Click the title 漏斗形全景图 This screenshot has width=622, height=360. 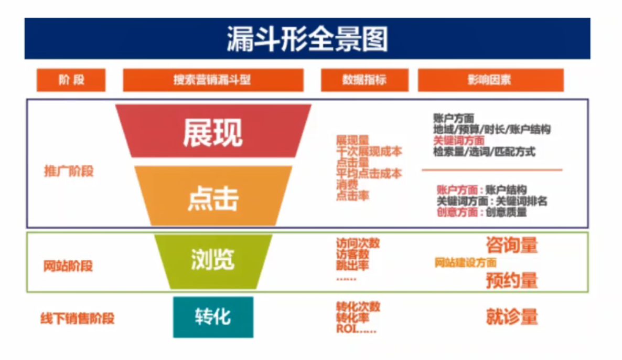[307, 39]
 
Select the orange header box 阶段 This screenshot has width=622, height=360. [71, 80]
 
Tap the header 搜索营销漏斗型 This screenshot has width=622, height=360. [212, 80]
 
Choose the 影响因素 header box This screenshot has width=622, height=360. [490, 80]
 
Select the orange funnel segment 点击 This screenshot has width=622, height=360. [212, 197]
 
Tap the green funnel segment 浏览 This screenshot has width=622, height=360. [212, 260]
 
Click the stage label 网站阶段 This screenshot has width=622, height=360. [68, 266]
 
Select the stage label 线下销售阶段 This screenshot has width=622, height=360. [77, 319]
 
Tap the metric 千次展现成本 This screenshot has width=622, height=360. [369, 152]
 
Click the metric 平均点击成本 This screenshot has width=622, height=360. [369, 174]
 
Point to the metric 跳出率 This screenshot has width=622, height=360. [352, 266]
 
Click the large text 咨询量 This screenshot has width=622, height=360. [512, 245]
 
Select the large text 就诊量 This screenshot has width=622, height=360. [512, 317]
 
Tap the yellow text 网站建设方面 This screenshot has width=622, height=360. [465, 263]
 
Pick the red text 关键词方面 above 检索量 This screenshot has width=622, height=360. [458, 141]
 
